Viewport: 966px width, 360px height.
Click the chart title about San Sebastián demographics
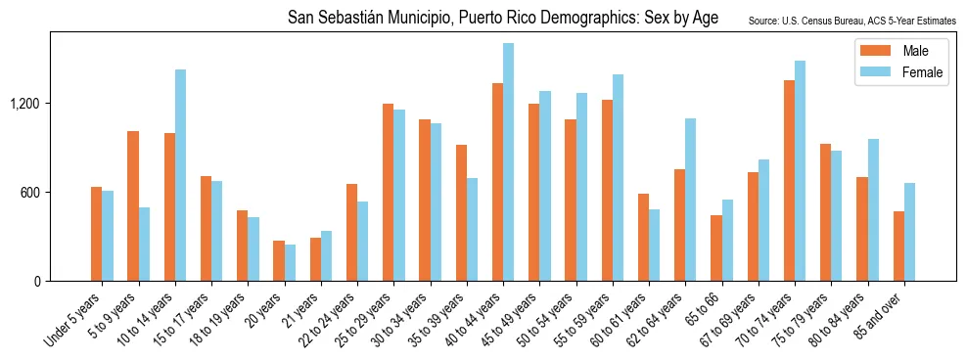click(x=503, y=19)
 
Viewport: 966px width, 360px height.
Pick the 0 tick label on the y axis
click(x=37, y=282)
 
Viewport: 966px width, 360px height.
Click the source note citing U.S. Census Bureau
click(x=851, y=21)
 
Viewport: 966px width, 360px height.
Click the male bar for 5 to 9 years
click(x=133, y=206)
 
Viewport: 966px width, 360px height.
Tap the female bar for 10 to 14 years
click(x=180, y=175)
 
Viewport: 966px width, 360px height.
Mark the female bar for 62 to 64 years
click(x=691, y=200)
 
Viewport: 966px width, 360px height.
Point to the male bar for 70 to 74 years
click(x=789, y=181)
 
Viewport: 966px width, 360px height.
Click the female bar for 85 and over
click(x=909, y=232)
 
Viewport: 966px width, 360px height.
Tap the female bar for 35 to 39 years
click(x=472, y=230)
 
